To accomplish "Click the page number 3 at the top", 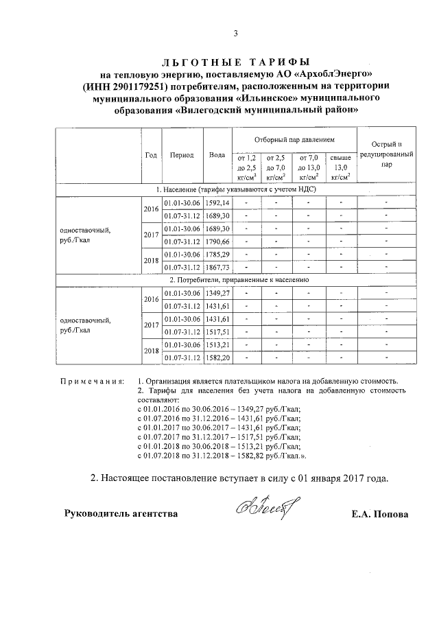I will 235,34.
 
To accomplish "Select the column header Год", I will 151,155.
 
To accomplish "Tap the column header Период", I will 182,155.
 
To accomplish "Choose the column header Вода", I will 217,155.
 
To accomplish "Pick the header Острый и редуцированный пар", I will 387,155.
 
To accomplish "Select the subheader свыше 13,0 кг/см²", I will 340,167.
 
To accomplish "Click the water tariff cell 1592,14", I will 217,204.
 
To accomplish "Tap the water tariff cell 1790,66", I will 217,242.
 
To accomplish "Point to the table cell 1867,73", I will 217,267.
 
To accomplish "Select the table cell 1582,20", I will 217,358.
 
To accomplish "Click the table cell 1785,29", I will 217,255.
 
